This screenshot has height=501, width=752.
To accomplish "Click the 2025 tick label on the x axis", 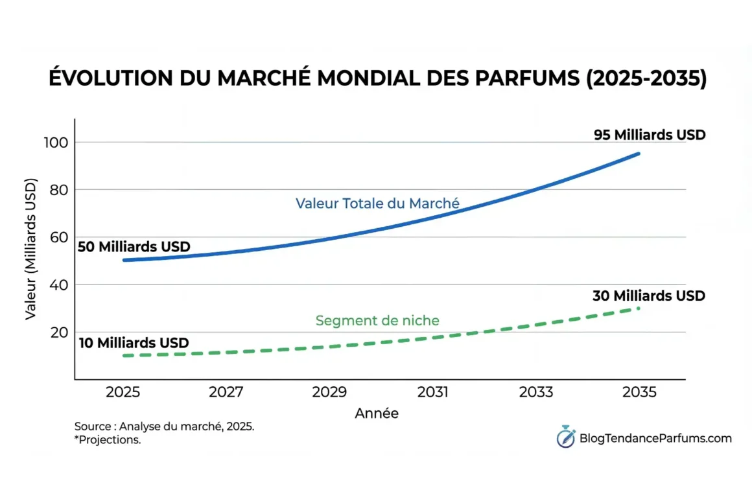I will click(123, 393).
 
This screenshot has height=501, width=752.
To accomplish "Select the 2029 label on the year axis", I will click(329, 393).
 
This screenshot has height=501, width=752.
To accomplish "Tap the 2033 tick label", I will click(536, 393).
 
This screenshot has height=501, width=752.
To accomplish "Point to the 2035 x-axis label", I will click(639, 393).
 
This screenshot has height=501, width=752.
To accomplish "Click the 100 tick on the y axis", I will click(54, 143).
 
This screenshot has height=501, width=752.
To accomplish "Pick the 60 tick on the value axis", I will click(58, 237).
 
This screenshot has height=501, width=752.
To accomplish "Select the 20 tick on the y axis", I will click(58, 332).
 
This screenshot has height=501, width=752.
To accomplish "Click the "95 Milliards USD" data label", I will click(650, 135).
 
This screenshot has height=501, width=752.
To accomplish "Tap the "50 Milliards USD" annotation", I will click(134, 247).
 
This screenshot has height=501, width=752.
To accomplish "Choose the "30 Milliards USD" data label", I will click(648, 296).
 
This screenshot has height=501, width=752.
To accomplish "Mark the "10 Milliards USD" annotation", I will click(134, 343).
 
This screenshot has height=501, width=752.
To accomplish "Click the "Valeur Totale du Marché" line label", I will click(377, 204).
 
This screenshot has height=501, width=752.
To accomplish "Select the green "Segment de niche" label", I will click(377, 320).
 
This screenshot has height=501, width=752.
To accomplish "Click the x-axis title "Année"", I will click(377, 414).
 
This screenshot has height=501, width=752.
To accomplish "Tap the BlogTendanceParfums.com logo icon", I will click(565, 437).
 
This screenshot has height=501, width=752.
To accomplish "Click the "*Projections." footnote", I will click(108, 440).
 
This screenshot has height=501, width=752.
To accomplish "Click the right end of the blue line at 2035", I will click(639, 154).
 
